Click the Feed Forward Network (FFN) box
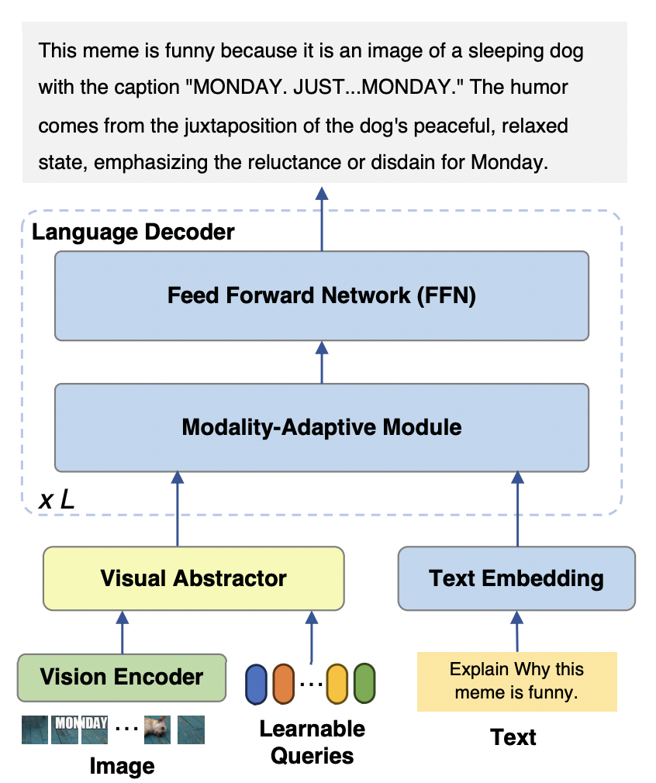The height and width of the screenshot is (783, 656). click(321, 295)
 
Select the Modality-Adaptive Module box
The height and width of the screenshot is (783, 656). click(321, 427)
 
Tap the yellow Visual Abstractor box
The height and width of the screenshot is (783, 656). click(193, 578)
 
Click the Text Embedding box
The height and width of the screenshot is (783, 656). click(516, 578)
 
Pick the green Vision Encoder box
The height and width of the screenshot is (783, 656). click(122, 677)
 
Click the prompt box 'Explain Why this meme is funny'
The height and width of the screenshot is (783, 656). click(516, 681)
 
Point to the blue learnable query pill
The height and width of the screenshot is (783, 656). click(256, 684)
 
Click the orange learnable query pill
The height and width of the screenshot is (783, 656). click(283, 684)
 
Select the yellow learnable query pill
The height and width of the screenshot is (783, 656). click(337, 684)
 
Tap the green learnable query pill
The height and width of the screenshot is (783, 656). click(364, 684)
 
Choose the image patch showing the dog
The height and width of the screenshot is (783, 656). click(157, 729)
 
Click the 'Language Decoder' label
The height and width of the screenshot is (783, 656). click(133, 231)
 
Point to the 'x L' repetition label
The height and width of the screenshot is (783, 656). click(57, 500)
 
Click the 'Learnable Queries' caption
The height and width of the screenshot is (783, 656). click(312, 741)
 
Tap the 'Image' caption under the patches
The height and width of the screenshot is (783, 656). click(122, 767)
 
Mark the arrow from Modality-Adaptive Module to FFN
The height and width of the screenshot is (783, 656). click(321, 362)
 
